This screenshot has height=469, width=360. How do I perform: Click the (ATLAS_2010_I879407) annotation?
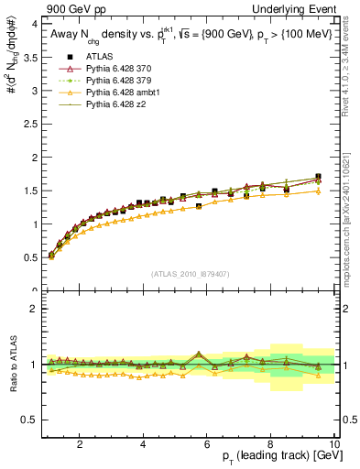tap(189, 272)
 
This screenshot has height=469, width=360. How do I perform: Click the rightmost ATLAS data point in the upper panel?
tap(318, 177)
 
